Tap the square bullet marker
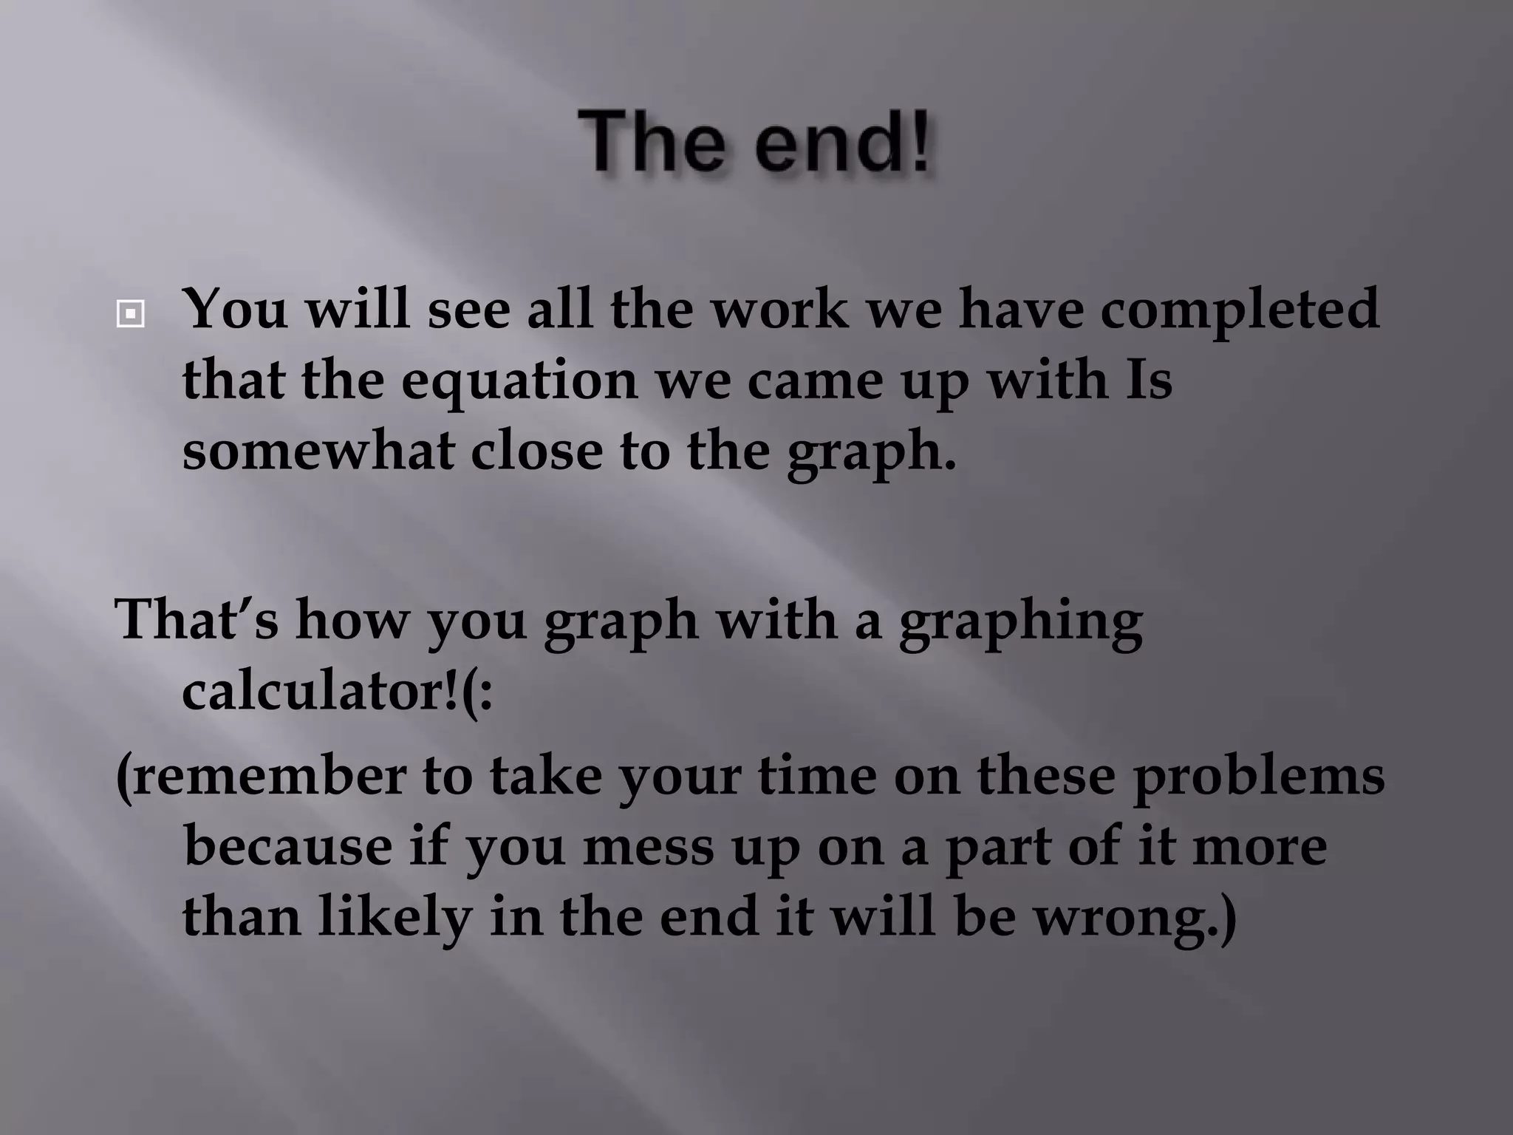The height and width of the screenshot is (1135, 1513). point(130,315)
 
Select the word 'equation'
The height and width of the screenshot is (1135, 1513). point(519,381)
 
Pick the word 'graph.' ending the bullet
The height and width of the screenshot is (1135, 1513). point(871,452)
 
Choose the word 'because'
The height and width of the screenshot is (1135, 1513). point(287,847)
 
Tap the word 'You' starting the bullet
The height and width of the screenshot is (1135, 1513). point(235,309)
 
